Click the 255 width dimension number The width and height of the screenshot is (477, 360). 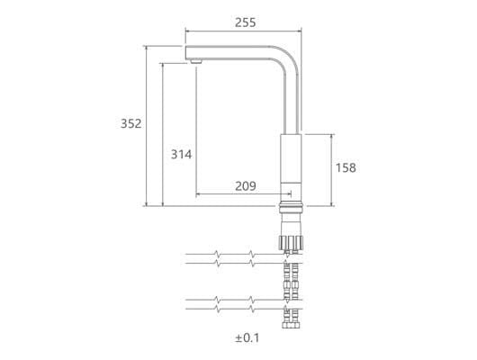245,22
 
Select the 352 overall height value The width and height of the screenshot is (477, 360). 130,123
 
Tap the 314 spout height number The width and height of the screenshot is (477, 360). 181,154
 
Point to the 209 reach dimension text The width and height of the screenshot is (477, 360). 246,186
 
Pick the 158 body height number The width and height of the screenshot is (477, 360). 346,167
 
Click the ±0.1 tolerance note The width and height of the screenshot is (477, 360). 247,338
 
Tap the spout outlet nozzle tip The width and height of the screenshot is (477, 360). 195,61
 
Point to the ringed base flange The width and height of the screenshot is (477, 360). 291,206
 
